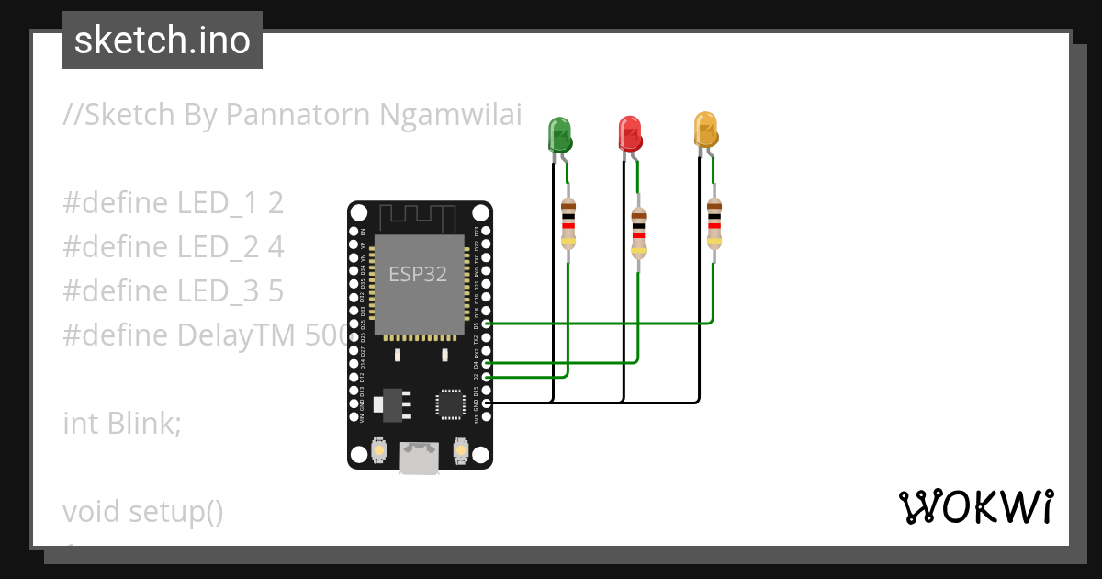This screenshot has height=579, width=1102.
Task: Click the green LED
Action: [558, 134]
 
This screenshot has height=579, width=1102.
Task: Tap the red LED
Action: [630, 134]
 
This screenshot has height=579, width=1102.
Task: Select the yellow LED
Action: [704, 130]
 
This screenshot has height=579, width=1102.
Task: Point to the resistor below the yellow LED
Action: [714, 224]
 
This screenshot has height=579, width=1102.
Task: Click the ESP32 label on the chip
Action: [418, 275]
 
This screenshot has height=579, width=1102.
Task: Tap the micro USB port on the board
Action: [420, 457]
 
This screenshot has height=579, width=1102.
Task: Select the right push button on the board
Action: [460, 450]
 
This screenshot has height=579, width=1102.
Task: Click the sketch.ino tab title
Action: [163, 40]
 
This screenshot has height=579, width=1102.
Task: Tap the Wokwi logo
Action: [975, 506]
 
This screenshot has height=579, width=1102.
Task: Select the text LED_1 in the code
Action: [219, 203]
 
